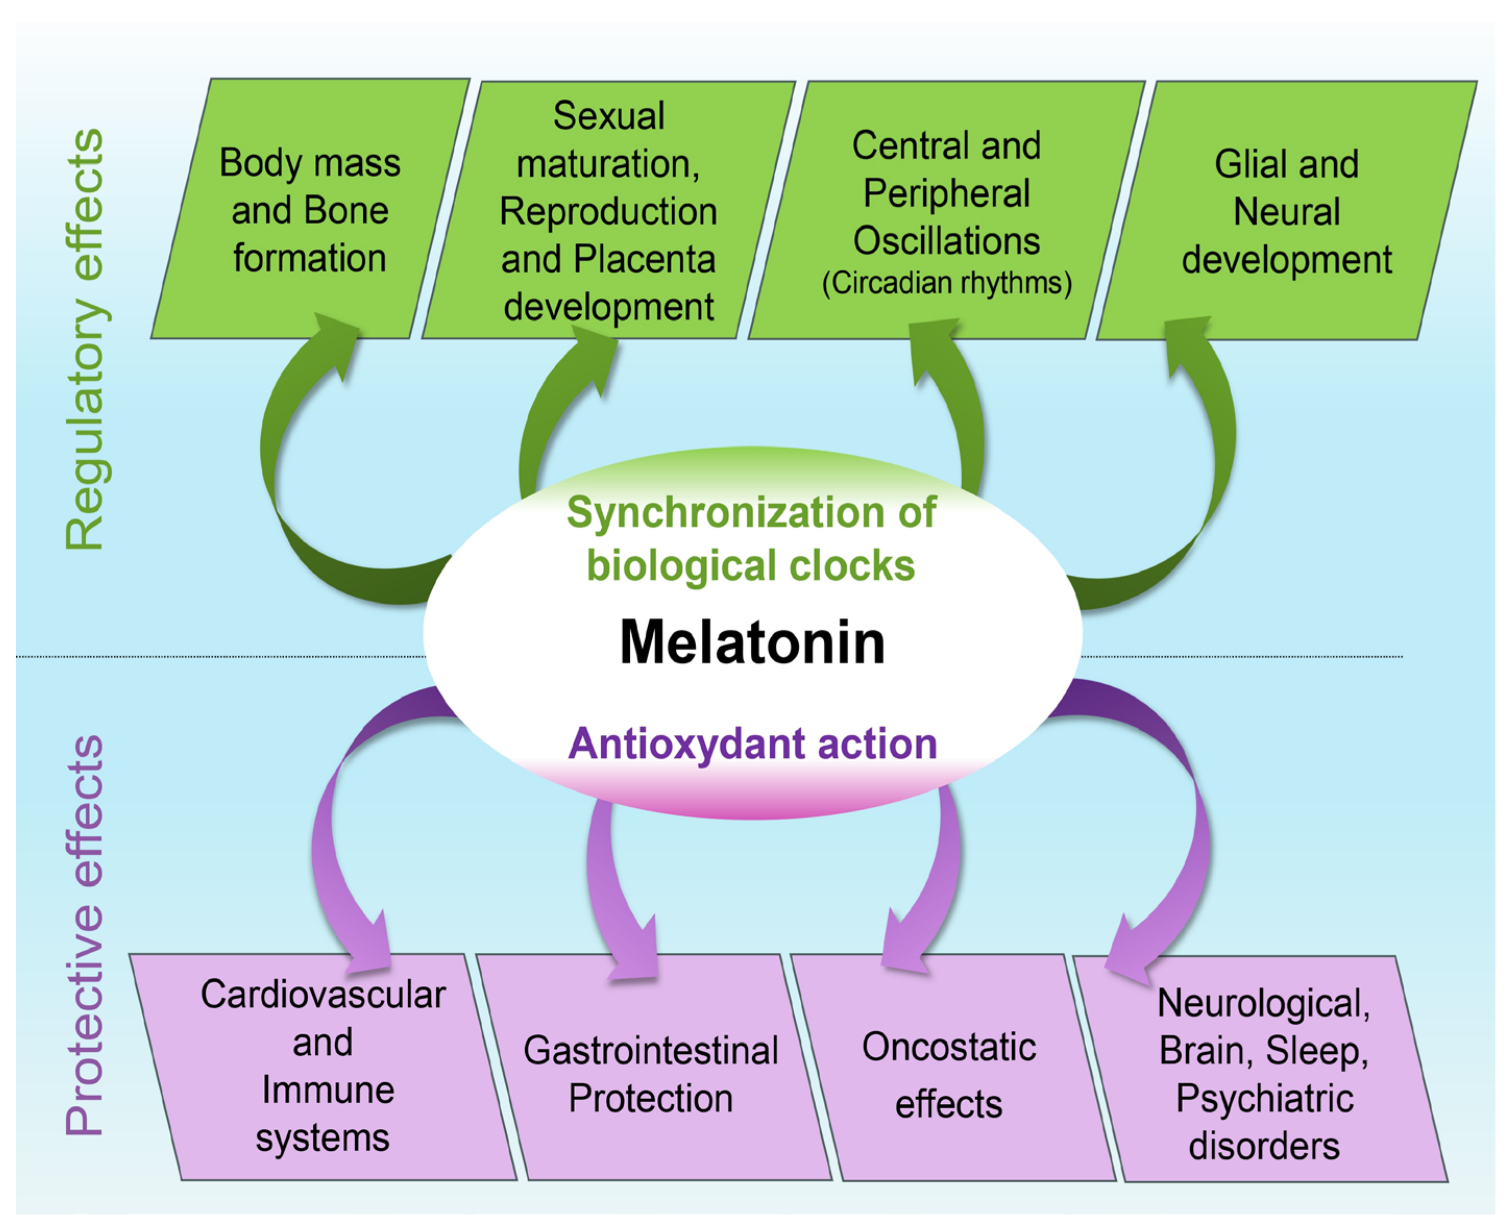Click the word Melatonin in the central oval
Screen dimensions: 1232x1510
pyautogui.click(x=752, y=642)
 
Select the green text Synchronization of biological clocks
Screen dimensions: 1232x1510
pyautogui.click(x=751, y=539)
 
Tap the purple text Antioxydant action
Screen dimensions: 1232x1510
pyautogui.click(x=752, y=744)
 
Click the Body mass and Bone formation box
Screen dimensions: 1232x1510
pyautogui.click(x=310, y=210)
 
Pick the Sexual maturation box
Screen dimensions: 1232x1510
pyautogui.click(x=608, y=211)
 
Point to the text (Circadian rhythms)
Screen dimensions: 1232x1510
pyautogui.click(x=946, y=283)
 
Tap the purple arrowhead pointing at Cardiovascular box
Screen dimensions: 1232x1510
pyautogui.click(x=371, y=947)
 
